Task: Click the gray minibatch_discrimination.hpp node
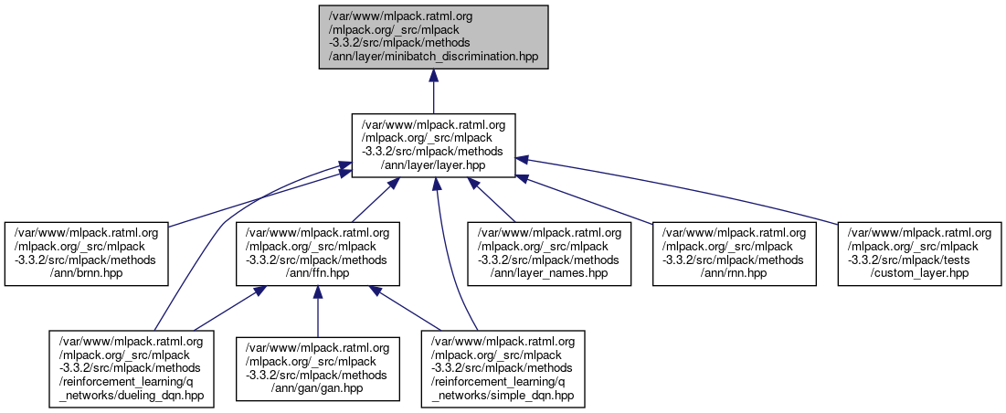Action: click(x=433, y=37)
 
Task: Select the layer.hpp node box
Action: click(x=433, y=145)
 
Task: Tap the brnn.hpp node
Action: click(x=87, y=254)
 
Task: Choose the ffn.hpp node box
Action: click(x=317, y=254)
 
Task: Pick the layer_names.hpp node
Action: click(x=549, y=254)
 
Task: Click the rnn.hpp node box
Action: click(x=735, y=254)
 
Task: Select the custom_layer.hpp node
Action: click(x=919, y=254)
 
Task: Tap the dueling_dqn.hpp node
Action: click(x=132, y=368)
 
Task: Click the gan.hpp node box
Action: click(x=317, y=368)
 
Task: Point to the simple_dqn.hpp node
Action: click(x=503, y=368)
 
